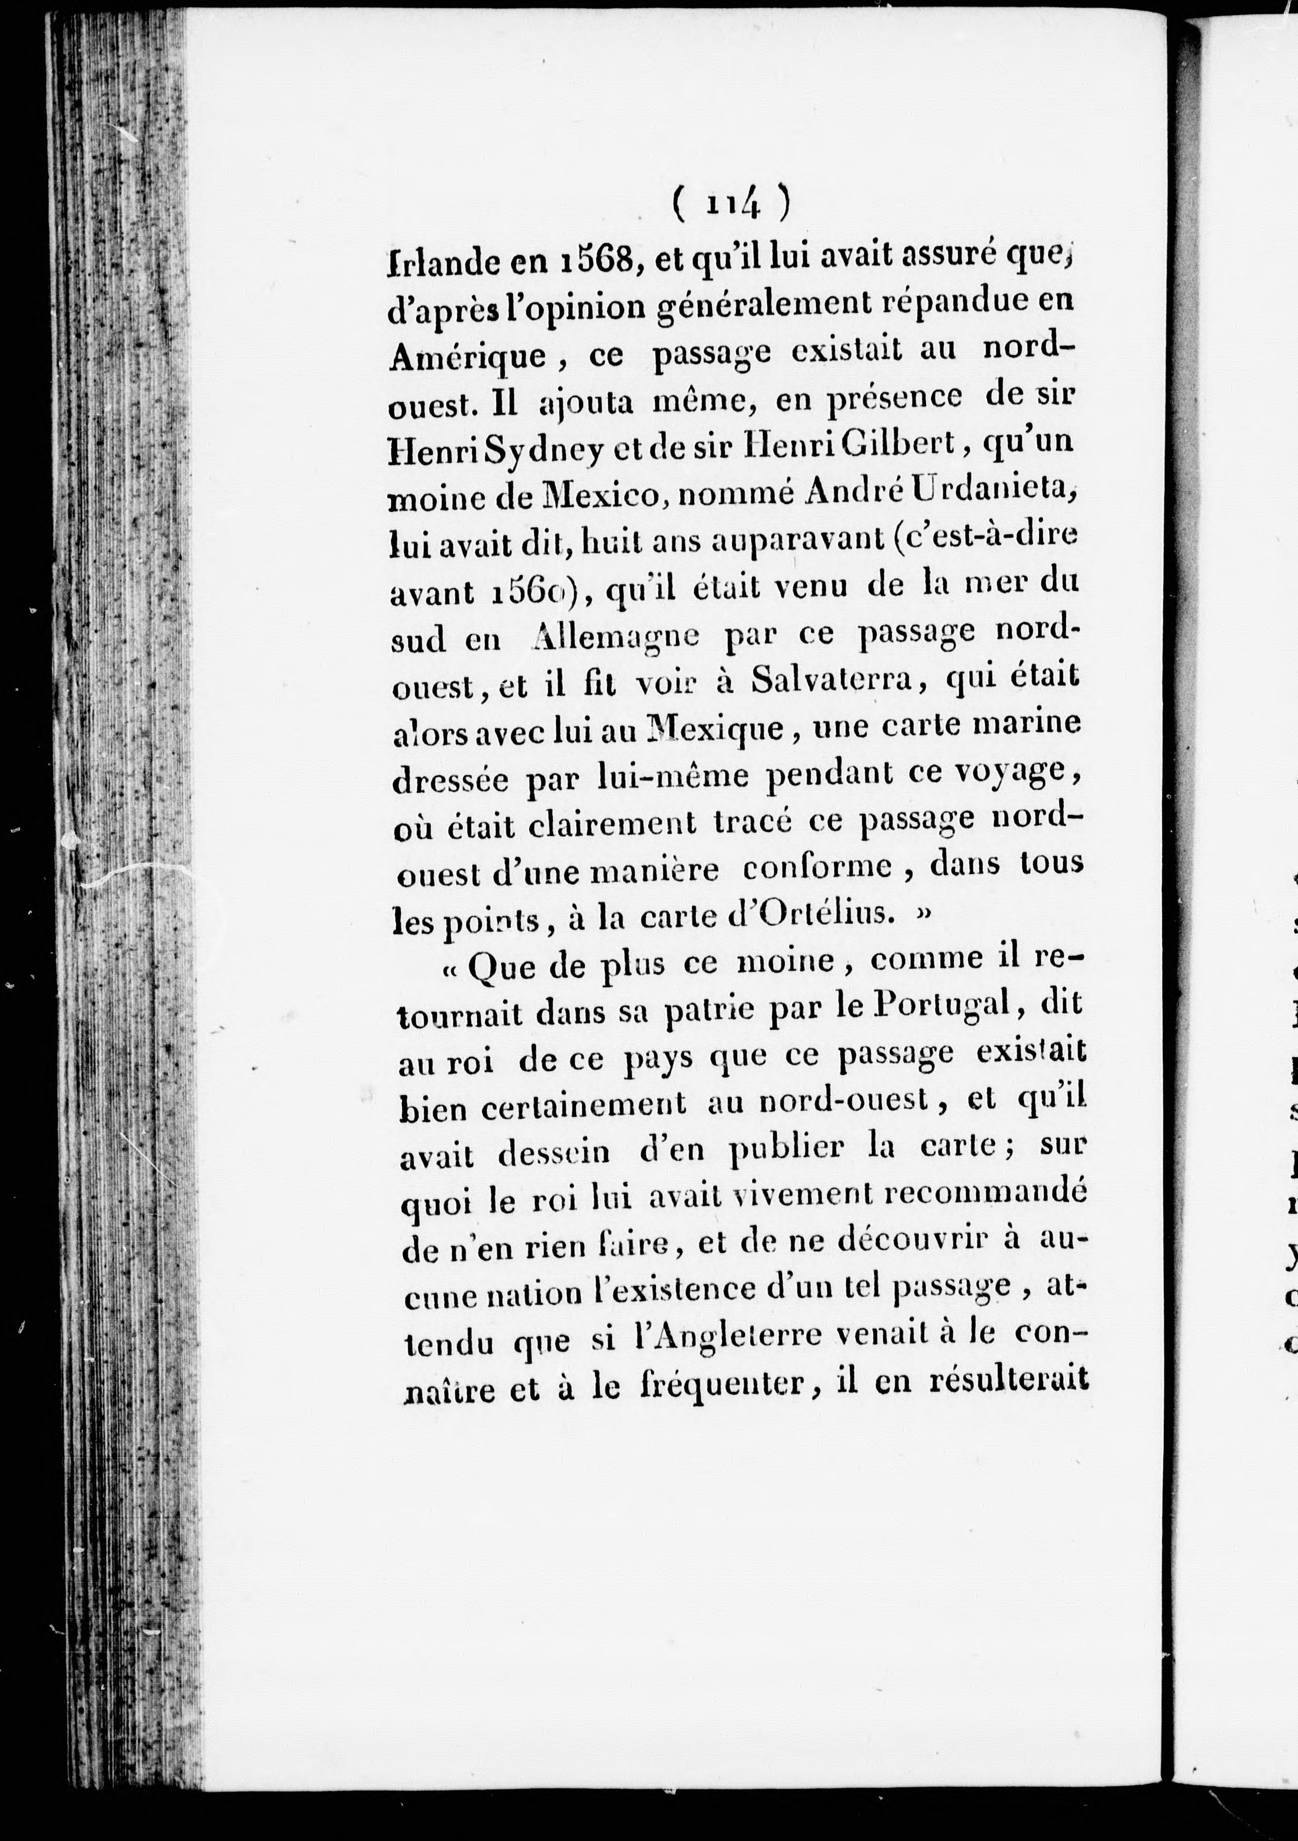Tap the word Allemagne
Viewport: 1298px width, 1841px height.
click(x=616, y=637)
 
